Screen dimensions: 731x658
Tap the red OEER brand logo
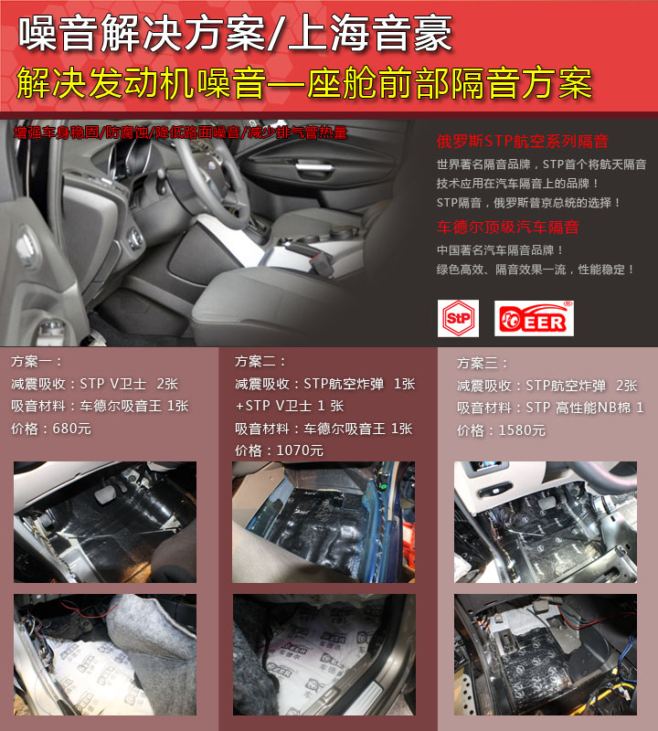[534, 316]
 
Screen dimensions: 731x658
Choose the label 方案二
[261, 362]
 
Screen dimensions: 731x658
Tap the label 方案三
[483, 363]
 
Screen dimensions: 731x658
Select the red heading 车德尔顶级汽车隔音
[507, 227]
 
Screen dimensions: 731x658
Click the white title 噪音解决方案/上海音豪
[235, 35]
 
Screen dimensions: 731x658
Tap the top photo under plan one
[104, 522]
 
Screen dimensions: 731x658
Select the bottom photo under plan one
[104, 654]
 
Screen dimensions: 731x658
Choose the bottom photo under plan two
[324, 654]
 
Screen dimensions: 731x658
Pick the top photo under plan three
[545, 522]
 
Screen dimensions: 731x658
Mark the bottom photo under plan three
[545, 654]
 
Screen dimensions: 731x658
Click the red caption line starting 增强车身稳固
[180, 132]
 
